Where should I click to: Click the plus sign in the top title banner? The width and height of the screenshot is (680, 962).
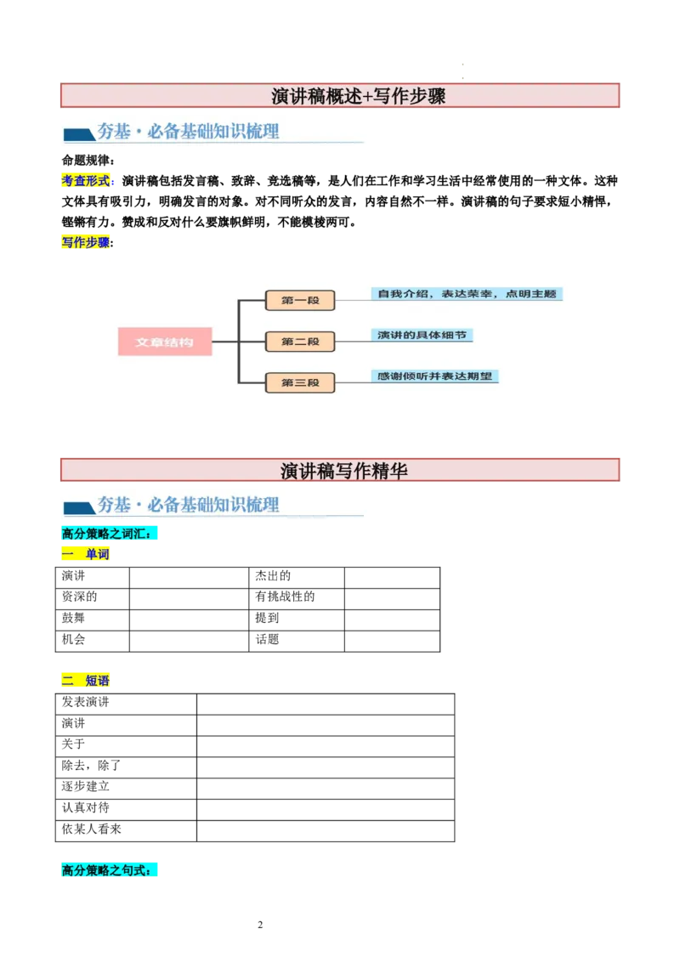click(368, 96)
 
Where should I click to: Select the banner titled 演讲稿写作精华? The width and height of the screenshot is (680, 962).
click(341, 470)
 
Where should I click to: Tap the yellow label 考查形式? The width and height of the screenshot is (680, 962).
click(86, 181)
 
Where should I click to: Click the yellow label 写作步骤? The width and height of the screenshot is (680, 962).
click(86, 242)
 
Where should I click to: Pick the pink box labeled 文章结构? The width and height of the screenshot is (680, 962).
click(165, 342)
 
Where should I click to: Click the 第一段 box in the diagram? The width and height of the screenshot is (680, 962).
click(300, 300)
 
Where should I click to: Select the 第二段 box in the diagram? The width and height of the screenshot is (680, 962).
click(300, 342)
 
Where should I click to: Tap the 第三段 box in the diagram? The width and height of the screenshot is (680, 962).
click(300, 383)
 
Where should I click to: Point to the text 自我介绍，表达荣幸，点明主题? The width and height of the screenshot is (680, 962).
click(467, 294)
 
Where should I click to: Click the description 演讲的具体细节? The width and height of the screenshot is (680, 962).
click(422, 335)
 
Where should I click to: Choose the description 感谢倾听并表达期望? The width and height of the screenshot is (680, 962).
click(434, 376)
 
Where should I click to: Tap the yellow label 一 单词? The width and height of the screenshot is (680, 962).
click(86, 555)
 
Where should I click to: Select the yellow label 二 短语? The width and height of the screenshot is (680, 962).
click(86, 681)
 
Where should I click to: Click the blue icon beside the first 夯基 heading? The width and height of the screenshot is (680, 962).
click(79, 134)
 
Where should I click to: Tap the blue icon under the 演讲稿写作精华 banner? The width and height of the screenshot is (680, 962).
click(79, 507)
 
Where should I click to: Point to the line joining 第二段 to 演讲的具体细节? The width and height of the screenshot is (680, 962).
click(353, 342)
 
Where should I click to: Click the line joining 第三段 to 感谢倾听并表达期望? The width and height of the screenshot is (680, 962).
click(353, 383)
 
